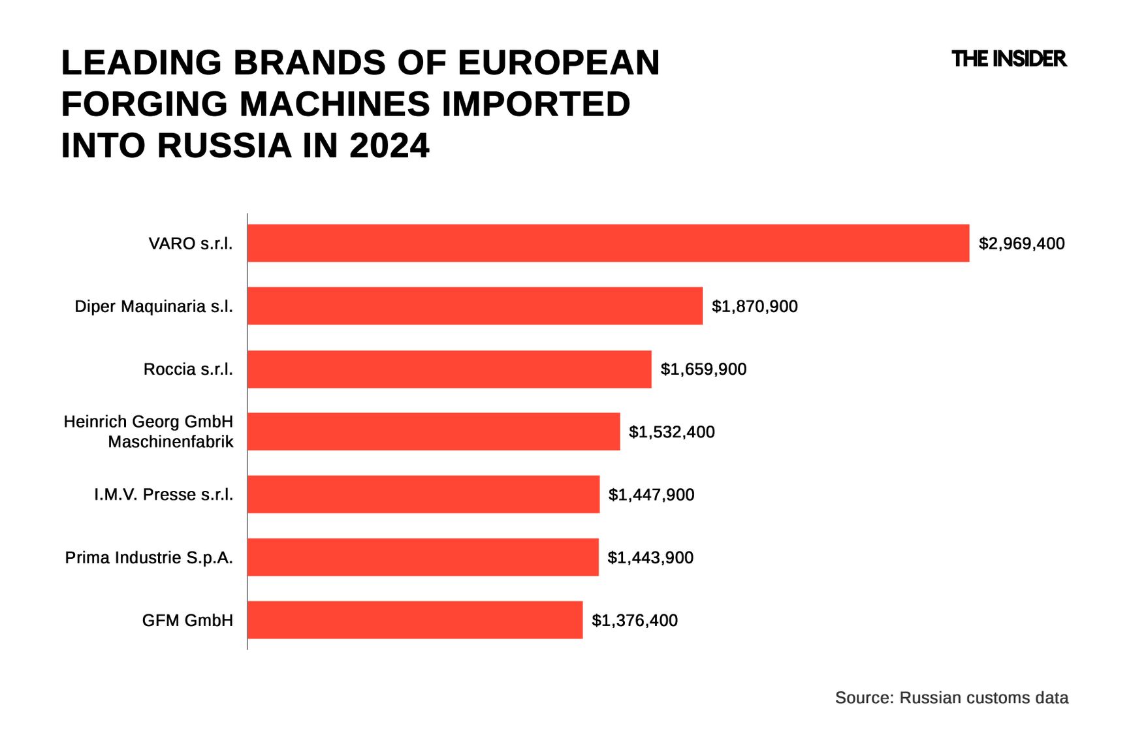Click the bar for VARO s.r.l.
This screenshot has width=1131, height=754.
608,243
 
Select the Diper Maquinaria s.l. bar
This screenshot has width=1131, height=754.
475,306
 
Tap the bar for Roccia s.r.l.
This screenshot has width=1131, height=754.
449,369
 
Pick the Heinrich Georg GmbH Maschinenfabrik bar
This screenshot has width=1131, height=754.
434,432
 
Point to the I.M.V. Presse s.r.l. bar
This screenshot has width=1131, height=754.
423,494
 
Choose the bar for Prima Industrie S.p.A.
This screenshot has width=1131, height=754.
422,558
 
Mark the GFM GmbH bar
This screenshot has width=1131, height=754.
415,620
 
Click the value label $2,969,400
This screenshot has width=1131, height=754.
1021,244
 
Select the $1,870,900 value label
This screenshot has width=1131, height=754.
754,307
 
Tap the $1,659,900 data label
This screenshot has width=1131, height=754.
703,369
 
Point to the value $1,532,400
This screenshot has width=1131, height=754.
671,432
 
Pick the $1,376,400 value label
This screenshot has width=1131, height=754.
634,620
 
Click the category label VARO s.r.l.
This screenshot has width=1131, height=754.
191,244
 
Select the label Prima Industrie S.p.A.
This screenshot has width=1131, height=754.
149,558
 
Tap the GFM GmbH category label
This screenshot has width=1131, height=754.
187,620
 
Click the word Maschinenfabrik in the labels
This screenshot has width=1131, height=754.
170,442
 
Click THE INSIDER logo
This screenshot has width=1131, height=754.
1009,59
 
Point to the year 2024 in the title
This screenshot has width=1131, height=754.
389,145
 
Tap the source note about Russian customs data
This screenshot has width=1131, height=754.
951,698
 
